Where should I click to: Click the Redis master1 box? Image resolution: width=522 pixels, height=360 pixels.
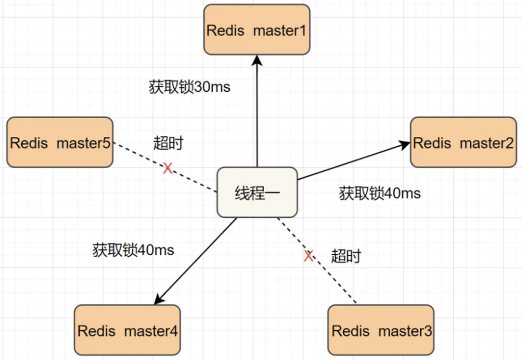click(x=257, y=30)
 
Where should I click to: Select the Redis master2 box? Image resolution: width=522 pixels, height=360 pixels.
click(x=464, y=142)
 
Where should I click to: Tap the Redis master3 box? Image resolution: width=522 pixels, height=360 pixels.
click(x=381, y=330)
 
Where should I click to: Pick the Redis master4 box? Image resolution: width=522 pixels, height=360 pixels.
click(x=127, y=330)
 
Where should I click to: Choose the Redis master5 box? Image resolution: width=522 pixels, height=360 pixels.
click(x=60, y=142)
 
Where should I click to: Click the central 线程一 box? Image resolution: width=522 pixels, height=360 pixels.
click(x=257, y=193)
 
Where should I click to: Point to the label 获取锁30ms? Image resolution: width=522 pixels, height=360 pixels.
click(x=190, y=87)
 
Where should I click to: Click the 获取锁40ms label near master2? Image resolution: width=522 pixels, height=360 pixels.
click(x=380, y=193)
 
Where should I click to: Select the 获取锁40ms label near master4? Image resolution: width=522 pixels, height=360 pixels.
click(x=133, y=250)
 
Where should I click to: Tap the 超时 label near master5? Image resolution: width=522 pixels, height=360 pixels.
click(x=168, y=143)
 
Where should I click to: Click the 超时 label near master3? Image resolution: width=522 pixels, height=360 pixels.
click(x=346, y=256)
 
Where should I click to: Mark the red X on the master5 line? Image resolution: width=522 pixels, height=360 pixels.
click(x=168, y=168)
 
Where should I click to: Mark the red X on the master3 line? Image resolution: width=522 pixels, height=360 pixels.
click(x=309, y=256)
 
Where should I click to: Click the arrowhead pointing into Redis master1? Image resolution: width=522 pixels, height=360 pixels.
click(x=257, y=60)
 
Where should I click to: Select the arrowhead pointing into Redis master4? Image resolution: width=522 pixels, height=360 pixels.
click(x=159, y=299)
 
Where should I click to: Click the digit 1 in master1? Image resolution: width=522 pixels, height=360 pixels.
click(x=303, y=30)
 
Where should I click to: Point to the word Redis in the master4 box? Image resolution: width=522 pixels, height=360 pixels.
click(x=96, y=331)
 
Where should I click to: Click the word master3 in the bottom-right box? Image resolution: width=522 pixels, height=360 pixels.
click(x=405, y=331)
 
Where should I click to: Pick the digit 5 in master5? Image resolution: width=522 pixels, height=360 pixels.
click(x=107, y=143)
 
